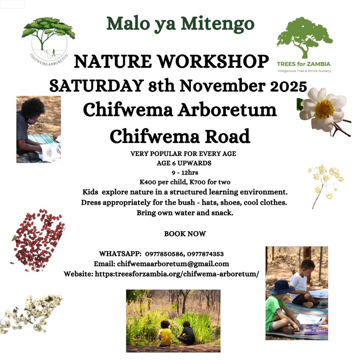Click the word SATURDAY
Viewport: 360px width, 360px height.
coord(96,86)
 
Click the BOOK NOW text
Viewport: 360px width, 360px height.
coord(185,234)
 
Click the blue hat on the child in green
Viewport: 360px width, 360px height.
coord(281,287)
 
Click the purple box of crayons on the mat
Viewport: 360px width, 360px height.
coord(315,329)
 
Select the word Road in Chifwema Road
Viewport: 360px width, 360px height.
coord(228,136)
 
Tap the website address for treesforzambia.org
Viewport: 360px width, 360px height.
coord(177,274)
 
